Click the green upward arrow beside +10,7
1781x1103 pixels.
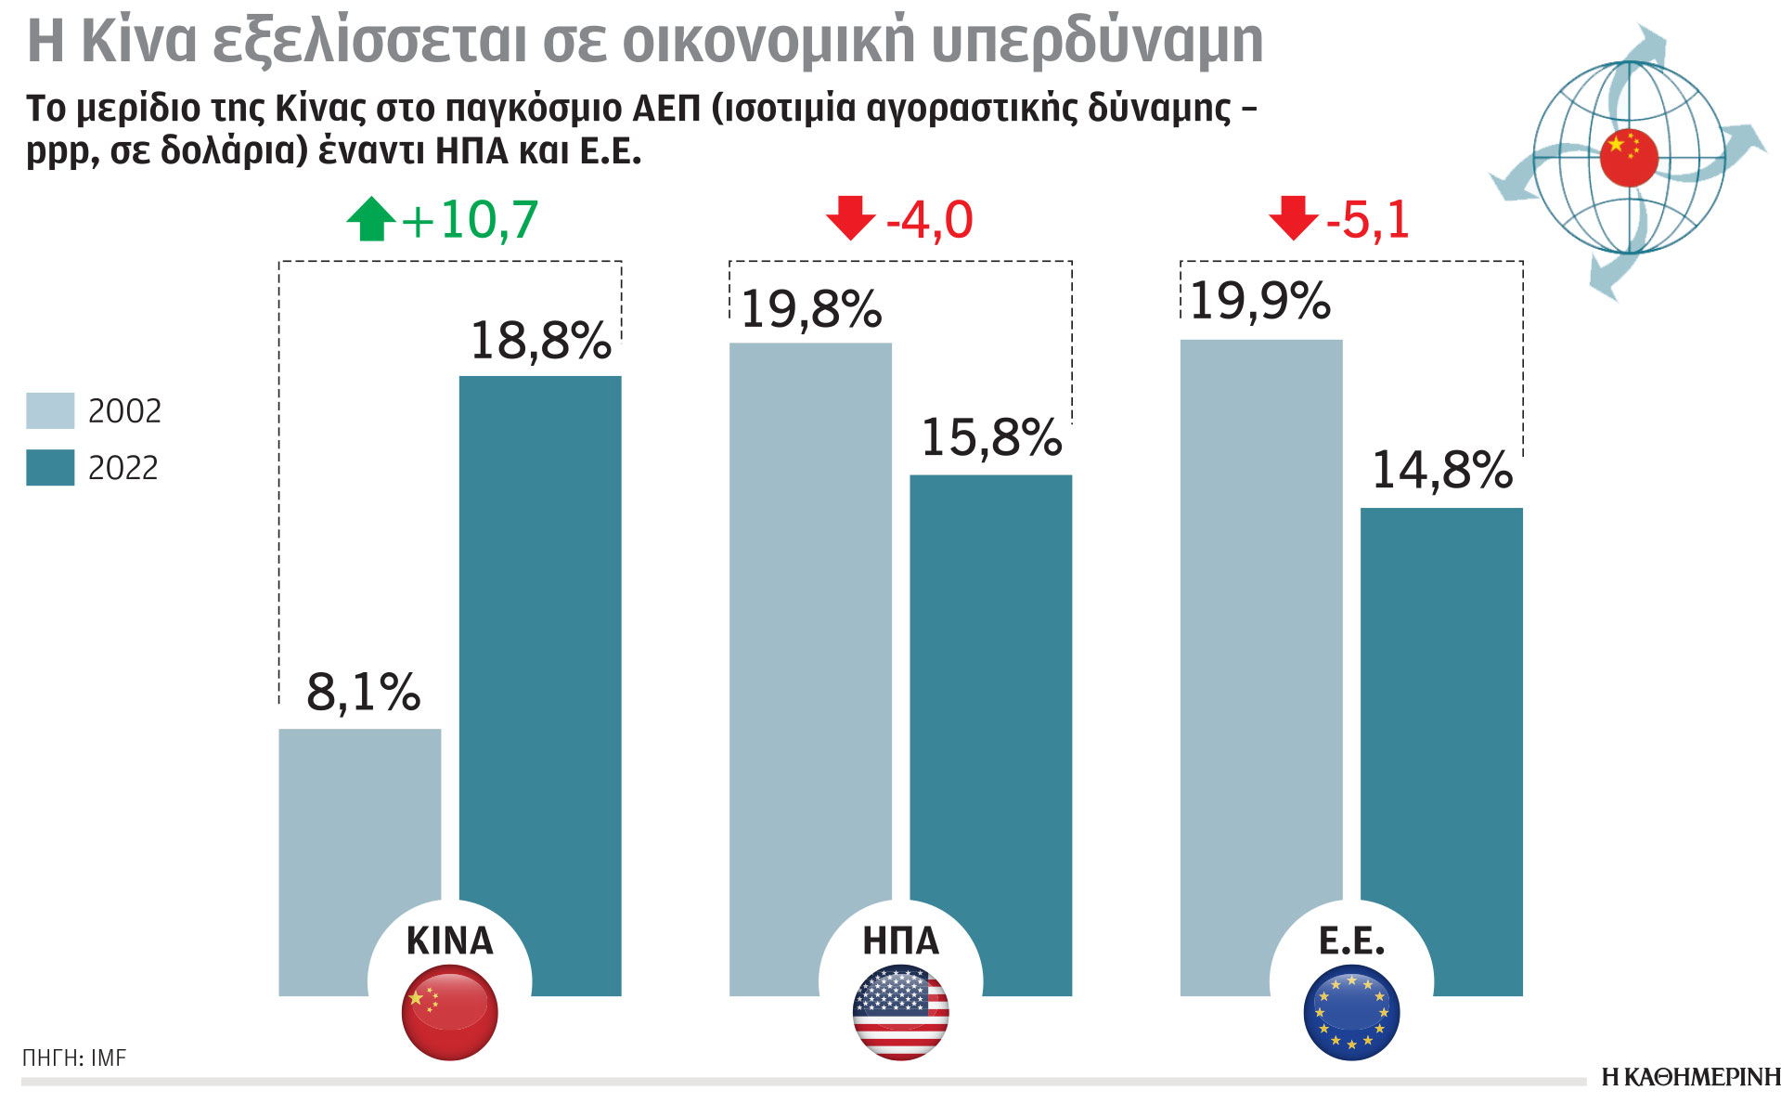pyautogui.click(x=370, y=219)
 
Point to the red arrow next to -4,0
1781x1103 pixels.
pyautogui.click(x=850, y=218)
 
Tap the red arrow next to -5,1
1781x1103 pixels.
pyautogui.click(x=1293, y=218)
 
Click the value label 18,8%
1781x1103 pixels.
pyautogui.click(x=540, y=341)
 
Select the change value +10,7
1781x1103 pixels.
pyautogui.click(x=470, y=221)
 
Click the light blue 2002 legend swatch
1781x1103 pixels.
pyautogui.click(x=50, y=411)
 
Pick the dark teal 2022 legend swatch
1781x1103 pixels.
pyautogui.click(x=50, y=468)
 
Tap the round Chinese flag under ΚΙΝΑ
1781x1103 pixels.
pyautogui.click(x=449, y=1012)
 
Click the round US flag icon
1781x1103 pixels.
pyautogui.click(x=900, y=1012)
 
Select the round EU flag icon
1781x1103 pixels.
pyautogui.click(x=1351, y=1012)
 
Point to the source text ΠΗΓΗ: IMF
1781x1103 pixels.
pyautogui.click(x=74, y=1058)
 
